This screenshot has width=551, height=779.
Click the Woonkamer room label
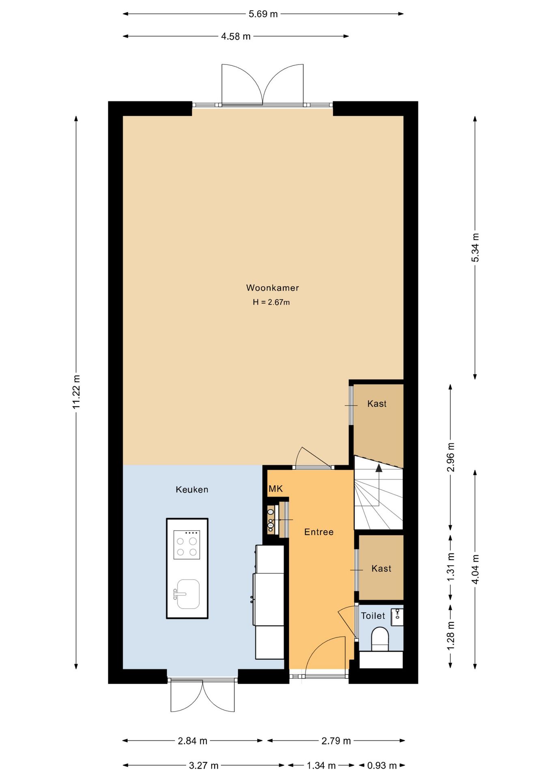point(272,288)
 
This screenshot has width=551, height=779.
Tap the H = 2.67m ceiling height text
point(271,302)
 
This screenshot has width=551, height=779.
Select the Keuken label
point(192,489)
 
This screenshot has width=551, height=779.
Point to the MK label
point(275,489)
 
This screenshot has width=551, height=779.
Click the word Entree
point(319,532)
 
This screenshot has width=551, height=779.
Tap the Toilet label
point(373,615)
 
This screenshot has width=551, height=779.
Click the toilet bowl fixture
point(380,639)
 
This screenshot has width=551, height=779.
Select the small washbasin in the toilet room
point(397,617)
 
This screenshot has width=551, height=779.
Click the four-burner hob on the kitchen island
point(187,545)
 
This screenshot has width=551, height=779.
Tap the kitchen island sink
point(187,594)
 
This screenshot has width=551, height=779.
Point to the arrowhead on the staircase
point(379,468)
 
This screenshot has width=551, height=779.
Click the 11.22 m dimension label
point(76,392)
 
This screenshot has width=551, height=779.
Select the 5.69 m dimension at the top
point(263,14)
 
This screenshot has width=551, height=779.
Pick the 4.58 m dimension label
point(236,36)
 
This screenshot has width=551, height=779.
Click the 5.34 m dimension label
point(475,247)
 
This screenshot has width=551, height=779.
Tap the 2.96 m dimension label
point(450,457)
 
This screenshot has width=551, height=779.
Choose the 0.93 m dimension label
point(382,765)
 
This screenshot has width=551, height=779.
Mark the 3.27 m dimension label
point(204,765)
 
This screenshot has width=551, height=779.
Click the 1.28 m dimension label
point(450,635)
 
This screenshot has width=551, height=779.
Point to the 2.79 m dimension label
point(336,740)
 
